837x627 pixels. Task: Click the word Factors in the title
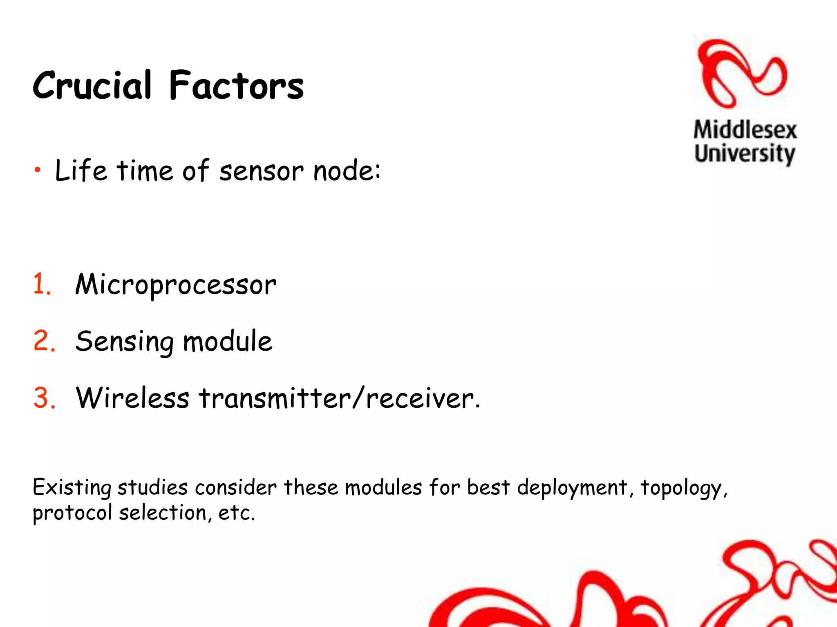pyautogui.click(x=236, y=86)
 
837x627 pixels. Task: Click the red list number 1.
pyautogui.click(x=41, y=284)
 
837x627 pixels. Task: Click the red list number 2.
pyautogui.click(x=44, y=341)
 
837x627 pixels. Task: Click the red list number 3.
pyautogui.click(x=44, y=398)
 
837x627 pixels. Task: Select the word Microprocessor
pyautogui.click(x=176, y=285)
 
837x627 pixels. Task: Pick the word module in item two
pyautogui.click(x=227, y=341)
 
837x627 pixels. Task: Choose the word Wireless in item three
pyautogui.click(x=132, y=398)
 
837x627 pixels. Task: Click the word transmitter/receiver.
pyautogui.click(x=339, y=398)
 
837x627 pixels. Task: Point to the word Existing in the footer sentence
pyautogui.click(x=72, y=488)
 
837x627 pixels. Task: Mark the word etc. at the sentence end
pyautogui.click(x=237, y=513)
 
